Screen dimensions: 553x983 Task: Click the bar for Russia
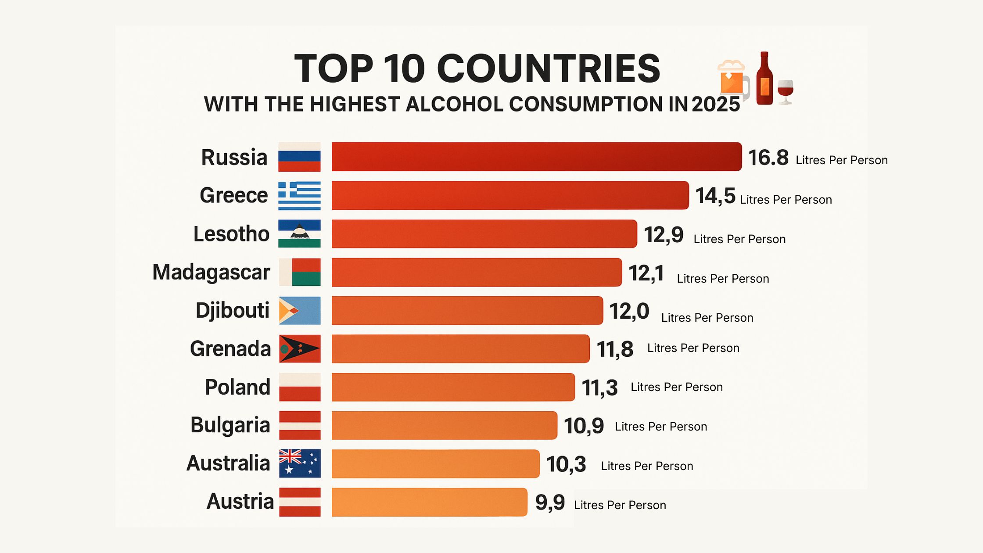pos(536,157)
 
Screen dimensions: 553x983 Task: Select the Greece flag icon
pos(299,196)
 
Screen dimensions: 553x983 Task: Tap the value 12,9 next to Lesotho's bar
pos(663,235)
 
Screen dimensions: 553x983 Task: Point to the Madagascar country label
pos(211,272)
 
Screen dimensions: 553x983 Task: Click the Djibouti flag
pos(300,311)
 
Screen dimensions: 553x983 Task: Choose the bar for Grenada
pos(460,349)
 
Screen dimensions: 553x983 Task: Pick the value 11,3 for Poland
pos(599,388)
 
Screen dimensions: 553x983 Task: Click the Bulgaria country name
pos(230,425)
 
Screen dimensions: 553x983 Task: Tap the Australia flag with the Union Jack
pos(300,463)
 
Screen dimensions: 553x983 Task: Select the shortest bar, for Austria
pos(429,502)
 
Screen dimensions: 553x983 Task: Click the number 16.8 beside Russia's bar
pos(768,158)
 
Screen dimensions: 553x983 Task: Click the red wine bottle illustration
pos(764,79)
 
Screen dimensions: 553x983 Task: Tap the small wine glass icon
pos(785,91)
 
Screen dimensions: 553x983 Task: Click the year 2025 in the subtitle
pos(716,104)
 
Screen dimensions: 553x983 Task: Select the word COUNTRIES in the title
pos(548,68)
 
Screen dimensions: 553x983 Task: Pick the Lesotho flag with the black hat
pos(300,233)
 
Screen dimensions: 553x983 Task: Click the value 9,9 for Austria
pos(550,503)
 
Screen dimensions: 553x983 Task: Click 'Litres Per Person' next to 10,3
pos(647,466)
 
